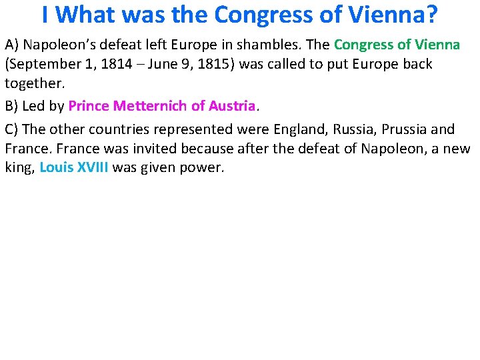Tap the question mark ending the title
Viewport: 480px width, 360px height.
pos(432,14)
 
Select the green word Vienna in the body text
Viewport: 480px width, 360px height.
pos(437,45)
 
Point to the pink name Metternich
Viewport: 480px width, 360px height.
pos(151,105)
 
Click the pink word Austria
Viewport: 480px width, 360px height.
pos(232,105)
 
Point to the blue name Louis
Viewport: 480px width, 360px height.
pos(56,168)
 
